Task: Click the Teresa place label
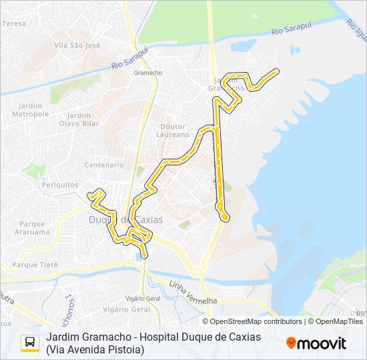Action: pyautogui.click(x=14, y=23)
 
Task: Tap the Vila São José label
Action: pyautogui.click(x=77, y=45)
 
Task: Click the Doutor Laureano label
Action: pyautogui.click(x=175, y=130)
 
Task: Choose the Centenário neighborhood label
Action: pyautogui.click(x=104, y=165)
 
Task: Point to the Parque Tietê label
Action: pyautogui.click(x=35, y=265)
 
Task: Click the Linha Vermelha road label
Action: pyautogui.click(x=194, y=293)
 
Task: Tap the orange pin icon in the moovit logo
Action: pyautogui.click(x=292, y=343)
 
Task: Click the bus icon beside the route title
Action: pyautogui.click(x=30, y=343)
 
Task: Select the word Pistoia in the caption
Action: pyautogui.click(x=125, y=349)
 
